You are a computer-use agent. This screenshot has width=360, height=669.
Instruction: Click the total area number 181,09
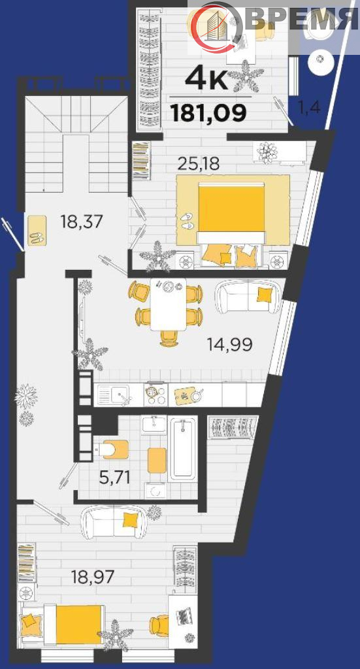click(208, 113)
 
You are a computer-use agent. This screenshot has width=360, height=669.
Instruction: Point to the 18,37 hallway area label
click(82, 222)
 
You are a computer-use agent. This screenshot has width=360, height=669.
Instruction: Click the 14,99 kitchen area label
click(230, 344)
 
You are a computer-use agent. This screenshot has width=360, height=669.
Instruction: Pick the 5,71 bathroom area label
click(114, 478)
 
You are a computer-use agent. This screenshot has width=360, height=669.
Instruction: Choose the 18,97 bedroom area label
click(93, 577)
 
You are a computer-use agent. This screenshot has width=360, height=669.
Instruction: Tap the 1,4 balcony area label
click(308, 108)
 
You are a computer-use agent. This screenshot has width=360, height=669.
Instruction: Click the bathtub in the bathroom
click(183, 449)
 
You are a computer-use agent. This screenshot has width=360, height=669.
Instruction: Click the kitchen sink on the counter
click(114, 395)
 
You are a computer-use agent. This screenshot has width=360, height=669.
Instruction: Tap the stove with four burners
click(156, 395)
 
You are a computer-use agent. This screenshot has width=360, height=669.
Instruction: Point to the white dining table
click(169, 304)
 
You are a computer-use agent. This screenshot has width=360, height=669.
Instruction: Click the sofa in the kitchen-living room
click(248, 297)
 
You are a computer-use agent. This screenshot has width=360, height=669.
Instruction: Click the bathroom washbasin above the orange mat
click(154, 425)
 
